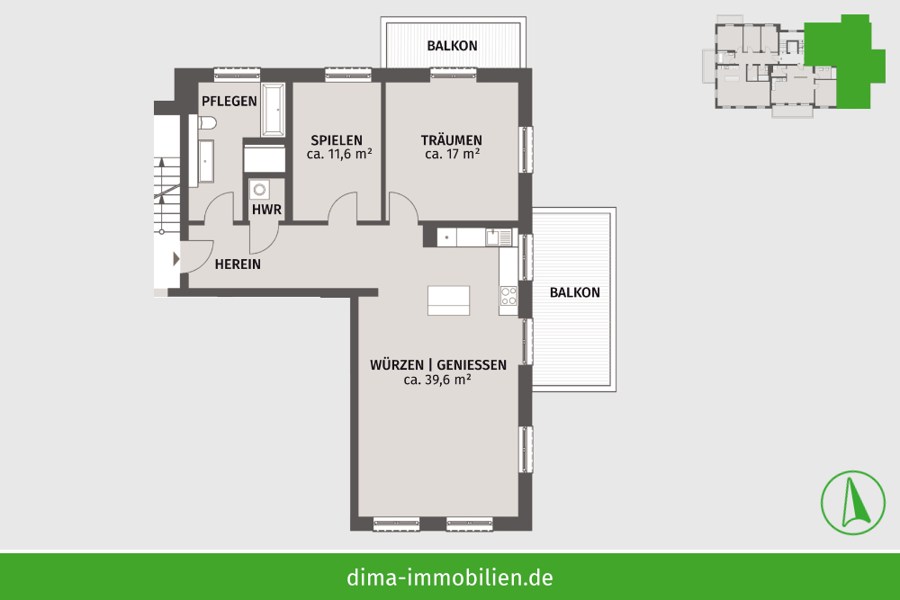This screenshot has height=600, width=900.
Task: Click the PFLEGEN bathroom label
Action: click(x=229, y=102)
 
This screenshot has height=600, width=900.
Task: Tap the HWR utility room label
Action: click(x=266, y=210)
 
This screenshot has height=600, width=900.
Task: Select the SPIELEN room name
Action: click(x=337, y=140)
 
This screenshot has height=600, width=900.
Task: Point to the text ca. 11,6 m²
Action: click(x=339, y=155)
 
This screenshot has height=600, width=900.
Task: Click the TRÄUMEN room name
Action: click(x=451, y=140)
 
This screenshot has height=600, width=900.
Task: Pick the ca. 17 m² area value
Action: click(x=453, y=155)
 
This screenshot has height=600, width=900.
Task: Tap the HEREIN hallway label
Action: click(x=238, y=264)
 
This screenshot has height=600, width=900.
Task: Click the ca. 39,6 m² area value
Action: click(x=437, y=380)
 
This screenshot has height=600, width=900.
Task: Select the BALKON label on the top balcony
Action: click(x=453, y=46)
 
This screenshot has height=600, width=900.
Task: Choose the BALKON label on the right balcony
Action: click(x=574, y=292)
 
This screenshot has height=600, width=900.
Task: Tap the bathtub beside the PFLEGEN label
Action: click(x=274, y=110)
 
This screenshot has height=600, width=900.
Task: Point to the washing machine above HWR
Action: click(x=259, y=189)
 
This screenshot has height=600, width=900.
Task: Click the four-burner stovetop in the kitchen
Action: click(x=508, y=296)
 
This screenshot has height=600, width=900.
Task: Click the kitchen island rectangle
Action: click(x=448, y=300)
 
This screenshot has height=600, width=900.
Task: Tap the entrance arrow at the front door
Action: click(x=176, y=259)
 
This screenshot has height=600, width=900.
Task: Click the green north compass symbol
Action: click(x=853, y=503)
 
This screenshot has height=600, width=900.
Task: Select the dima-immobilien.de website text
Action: click(x=449, y=578)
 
